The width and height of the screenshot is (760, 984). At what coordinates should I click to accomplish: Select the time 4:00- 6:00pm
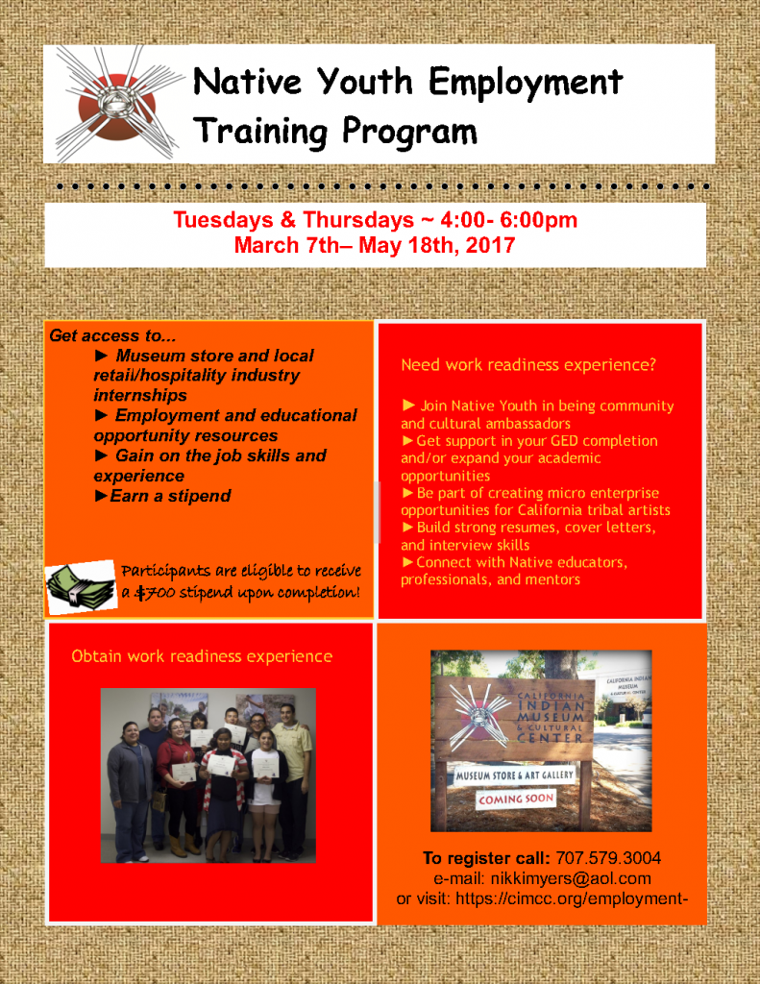pos(508,220)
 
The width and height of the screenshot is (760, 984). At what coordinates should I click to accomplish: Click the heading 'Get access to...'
pos(112,335)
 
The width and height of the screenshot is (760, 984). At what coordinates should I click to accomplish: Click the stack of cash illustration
pos(81,587)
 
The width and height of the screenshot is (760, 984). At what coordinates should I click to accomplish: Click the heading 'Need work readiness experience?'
pos(528,364)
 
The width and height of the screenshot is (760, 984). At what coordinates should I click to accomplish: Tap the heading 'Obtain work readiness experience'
pos(202,656)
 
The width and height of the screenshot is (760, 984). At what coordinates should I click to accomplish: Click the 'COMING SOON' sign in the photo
pos(516,799)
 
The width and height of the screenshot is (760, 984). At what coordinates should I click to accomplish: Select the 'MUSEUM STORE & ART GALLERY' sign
pos(515,775)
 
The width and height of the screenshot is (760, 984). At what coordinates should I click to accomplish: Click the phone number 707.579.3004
pos(608,858)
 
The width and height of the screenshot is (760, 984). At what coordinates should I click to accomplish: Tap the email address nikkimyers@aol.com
pos(571,878)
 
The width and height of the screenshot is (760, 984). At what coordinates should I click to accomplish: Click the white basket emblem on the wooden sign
pos(483,715)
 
